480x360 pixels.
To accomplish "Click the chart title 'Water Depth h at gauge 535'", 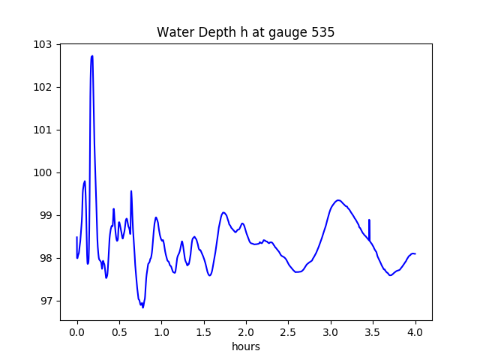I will pyautogui.click(x=245, y=33).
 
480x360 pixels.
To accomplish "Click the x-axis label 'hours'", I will pyautogui.click(x=245, y=346).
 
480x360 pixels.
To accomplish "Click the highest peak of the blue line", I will pyautogui.click(x=91, y=56).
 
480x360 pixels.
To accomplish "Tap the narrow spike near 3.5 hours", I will pyautogui.click(x=369, y=221).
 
